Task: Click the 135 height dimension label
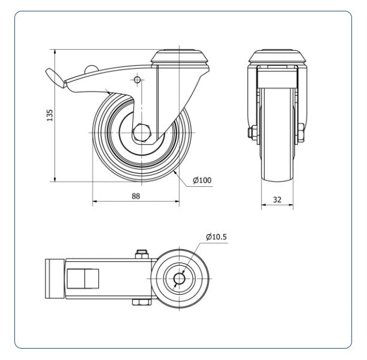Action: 50,115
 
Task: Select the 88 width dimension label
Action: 136,196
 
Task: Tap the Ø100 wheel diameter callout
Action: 202,180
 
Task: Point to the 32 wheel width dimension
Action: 277,200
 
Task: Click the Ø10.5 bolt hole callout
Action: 216,237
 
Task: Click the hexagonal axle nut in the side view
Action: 142,133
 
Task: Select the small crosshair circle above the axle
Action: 137,80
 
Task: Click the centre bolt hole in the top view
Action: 179,279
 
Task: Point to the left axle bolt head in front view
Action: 252,133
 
